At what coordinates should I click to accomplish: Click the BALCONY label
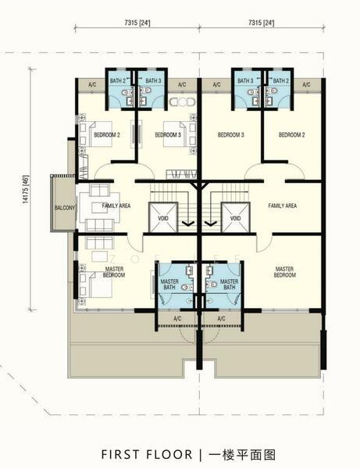point(64,208)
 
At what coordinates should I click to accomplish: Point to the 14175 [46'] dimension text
point(26,189)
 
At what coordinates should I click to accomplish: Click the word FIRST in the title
point(120,454)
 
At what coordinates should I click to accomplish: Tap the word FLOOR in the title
point(169,454)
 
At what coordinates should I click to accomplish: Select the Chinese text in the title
point(242,454)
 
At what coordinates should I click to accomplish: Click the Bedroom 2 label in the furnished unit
point(107,135)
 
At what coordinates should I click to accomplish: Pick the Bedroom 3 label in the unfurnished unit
point(230,135)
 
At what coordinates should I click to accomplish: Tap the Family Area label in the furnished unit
point(116,206)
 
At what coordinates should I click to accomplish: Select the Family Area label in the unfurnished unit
point(283,206)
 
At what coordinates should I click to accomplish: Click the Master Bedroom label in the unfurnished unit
point(285,272)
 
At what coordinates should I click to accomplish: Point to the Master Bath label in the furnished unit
point(169,285)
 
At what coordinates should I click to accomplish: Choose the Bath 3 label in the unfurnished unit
point(245,81)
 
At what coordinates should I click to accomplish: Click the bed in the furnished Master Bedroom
point(95,285)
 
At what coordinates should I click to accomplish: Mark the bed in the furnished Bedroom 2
point(95,134)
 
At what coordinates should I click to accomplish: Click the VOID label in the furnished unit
point(163,218)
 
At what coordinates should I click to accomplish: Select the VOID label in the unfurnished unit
point(235,218)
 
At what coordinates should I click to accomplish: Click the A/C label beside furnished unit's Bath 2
point(92,84)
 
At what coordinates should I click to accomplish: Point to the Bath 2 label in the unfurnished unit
point(281,81)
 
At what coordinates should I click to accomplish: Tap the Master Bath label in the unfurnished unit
point(229,285)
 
